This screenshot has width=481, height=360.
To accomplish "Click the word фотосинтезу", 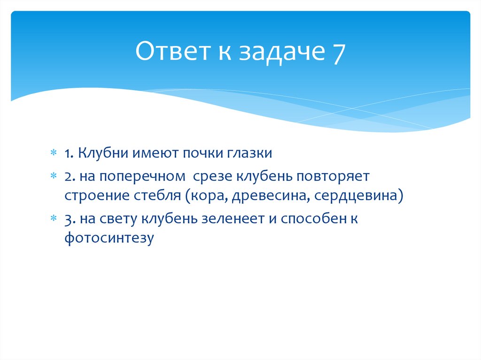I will (x=109, y=237).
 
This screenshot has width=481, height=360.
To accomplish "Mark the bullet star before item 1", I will (x=54, y=153).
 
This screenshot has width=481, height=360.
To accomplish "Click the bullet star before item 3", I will (x=54, y=219).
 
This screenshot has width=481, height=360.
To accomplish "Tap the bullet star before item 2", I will (x=54, y=177).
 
